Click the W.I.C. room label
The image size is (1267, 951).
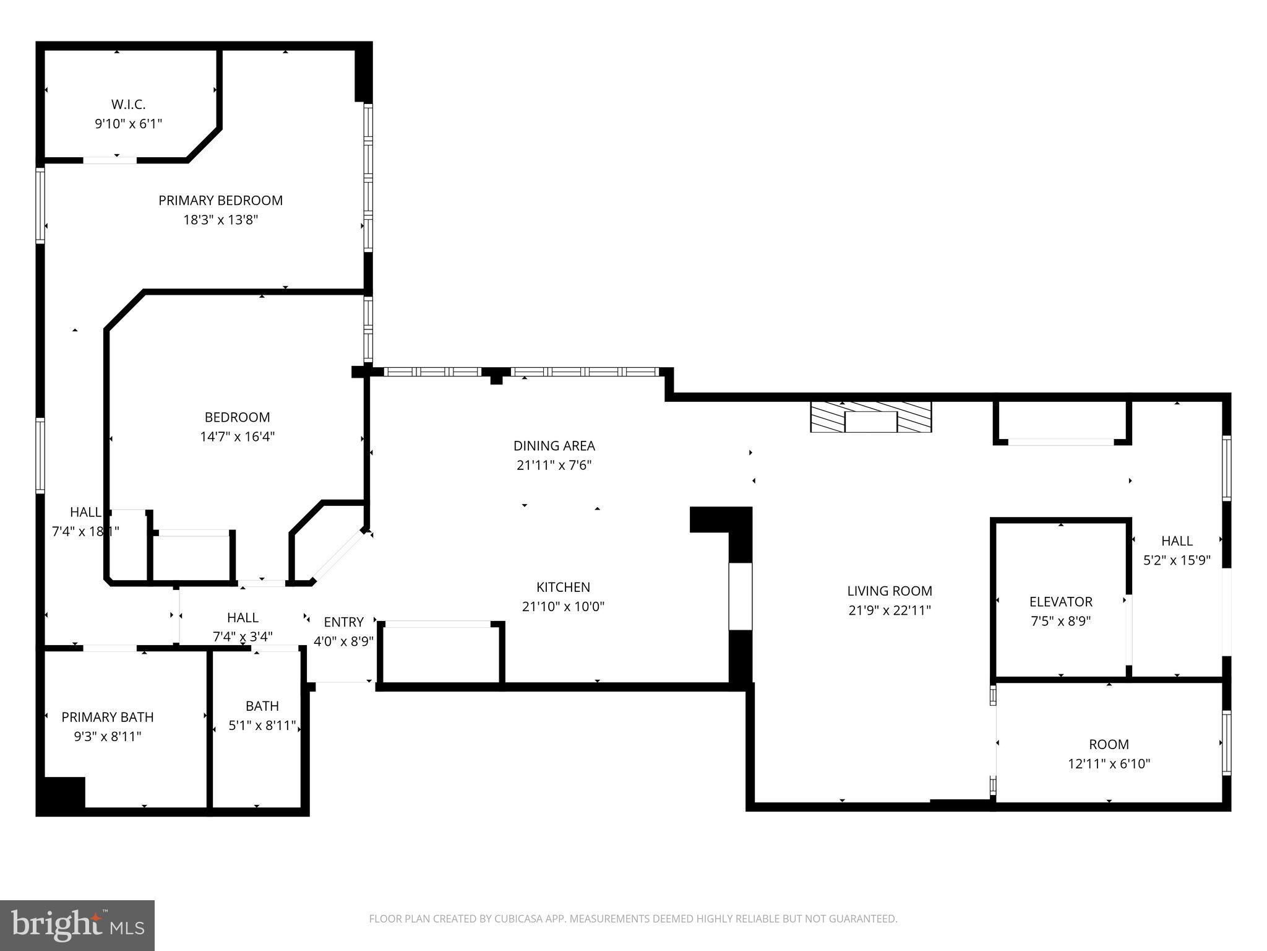128,104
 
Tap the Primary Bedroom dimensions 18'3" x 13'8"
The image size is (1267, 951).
220,220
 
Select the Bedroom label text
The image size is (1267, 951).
237,417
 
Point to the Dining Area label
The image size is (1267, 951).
554,446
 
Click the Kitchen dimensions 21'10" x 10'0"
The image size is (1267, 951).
563,607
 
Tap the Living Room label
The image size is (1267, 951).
889,591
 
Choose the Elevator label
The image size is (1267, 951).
1060,602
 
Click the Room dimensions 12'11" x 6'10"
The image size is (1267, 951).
1109,764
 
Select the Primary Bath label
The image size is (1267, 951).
108,717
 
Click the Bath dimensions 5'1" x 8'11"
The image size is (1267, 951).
262,726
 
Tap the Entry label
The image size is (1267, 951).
343,622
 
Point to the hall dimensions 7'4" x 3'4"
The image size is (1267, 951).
243,636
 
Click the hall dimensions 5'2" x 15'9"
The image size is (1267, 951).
1176,560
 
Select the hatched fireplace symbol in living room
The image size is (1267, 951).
870,417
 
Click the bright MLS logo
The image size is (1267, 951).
77,925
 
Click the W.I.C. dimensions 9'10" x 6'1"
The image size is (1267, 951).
128,124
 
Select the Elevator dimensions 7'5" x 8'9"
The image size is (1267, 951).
1060,621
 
